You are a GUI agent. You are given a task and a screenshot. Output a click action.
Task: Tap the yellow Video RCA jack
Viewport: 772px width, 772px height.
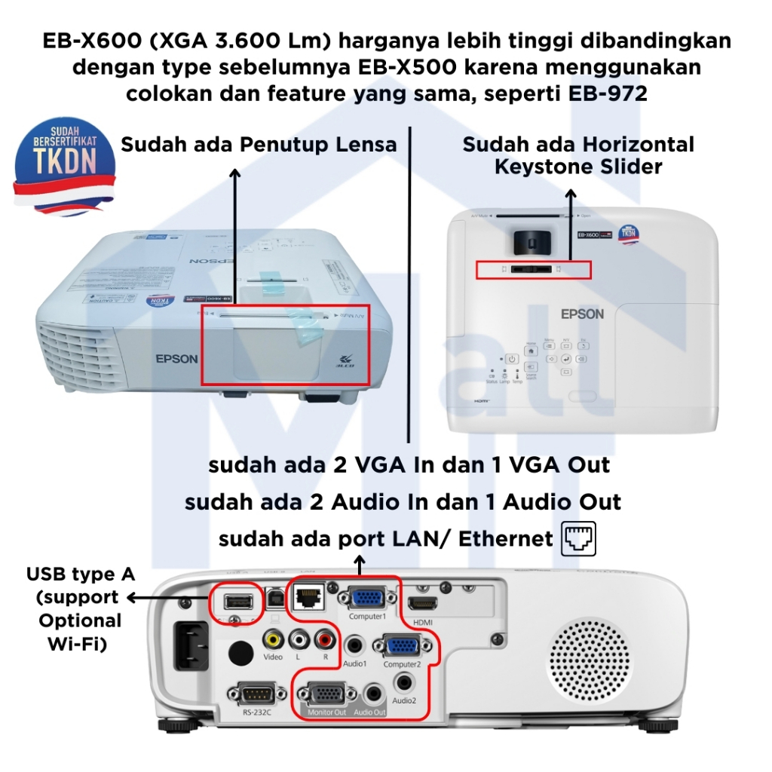pyautogui.click(x=273, y=640)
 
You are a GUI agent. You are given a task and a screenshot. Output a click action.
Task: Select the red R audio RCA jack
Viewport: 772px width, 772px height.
pyautogui.click(x=325, y=640)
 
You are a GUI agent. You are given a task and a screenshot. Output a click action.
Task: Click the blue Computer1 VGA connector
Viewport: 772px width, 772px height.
pyautogui.click(x=366, y=599)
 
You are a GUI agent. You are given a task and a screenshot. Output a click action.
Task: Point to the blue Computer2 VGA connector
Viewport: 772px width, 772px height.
pyautogui.click(x=403, y=646)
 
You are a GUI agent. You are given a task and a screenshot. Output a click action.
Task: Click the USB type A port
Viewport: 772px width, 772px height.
pyautogui.click(x=238, y=601)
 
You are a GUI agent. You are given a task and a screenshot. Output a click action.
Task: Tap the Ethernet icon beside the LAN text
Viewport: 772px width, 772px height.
pyautogui.click(x=579, y=539)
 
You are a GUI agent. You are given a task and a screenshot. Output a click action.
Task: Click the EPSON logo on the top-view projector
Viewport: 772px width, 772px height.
pyautogui.click(x=582, y=314)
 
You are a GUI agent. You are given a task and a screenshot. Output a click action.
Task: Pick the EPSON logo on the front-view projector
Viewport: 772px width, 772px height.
pyautogui.click(x=176, y=359)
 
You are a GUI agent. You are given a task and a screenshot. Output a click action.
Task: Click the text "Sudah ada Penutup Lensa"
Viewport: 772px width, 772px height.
pyautogui.click(x=259, y=144)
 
